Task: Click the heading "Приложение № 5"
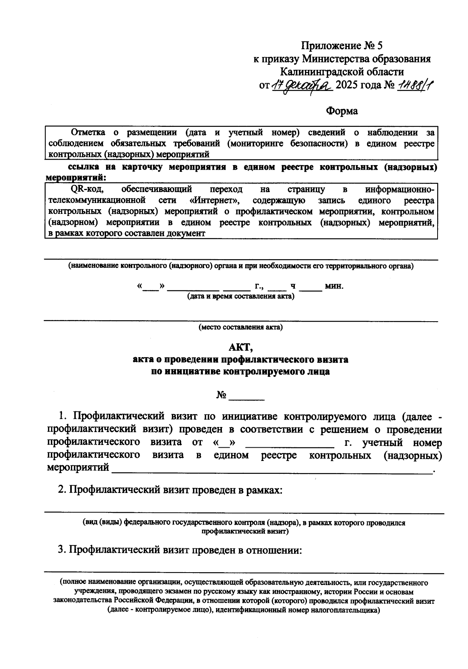[341, 46]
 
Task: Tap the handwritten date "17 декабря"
[301, 85]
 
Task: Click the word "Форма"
[342, 111]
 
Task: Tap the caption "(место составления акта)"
[241, 327]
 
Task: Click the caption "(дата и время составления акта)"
[241, 296]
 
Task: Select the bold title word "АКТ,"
[241, 347]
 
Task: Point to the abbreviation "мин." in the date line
[334, 286]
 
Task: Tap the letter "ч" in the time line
[293, 286]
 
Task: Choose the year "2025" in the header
[346, 85]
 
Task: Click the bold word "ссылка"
[84, 167]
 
